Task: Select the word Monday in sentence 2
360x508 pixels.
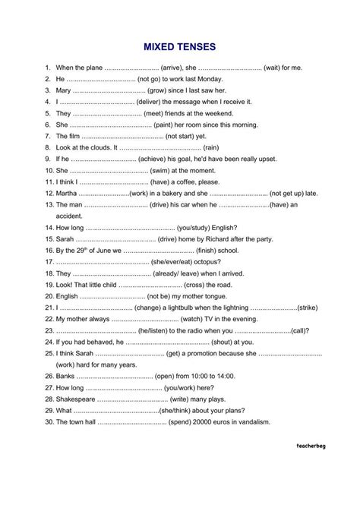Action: click(x=224, y=79)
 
